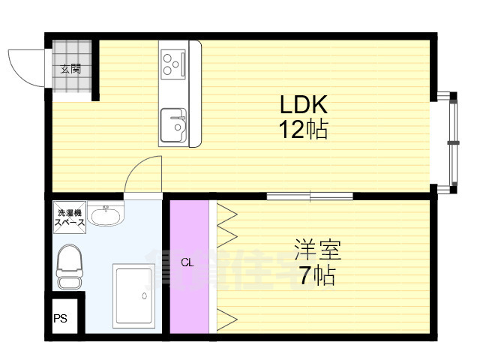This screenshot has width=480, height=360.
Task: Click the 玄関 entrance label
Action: [70, 69]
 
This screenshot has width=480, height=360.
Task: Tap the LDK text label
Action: [304, 104]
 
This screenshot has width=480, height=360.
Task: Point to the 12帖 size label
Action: [304, 130]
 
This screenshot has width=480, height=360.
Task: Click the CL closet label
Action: [187, 262]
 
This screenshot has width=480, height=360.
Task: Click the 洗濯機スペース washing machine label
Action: [70, 218]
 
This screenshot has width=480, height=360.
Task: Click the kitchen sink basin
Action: [174, 124]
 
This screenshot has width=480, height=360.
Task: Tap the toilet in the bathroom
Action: [70, 267]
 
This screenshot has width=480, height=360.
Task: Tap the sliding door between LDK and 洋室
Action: [310, 196]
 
